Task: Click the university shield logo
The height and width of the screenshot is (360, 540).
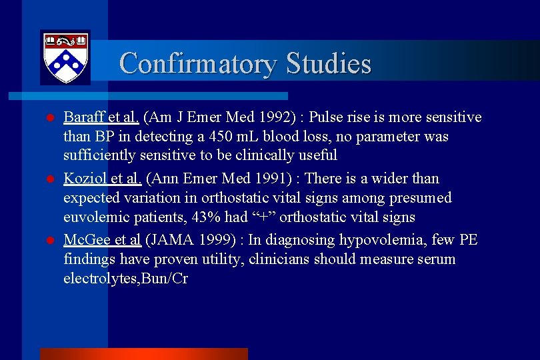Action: [65, 57]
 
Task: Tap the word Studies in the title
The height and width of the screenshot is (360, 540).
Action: [328, 64]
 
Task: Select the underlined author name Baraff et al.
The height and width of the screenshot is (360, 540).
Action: [101, 118]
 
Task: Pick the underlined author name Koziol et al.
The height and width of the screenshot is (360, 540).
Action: [101, 179]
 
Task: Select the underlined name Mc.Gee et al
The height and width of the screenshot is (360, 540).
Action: [101, 240]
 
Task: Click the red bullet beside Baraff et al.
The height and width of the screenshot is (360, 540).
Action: [49, 119]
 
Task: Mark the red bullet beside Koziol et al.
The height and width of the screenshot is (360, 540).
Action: [49, 179]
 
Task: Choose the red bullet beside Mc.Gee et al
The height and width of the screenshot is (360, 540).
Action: [49, 241]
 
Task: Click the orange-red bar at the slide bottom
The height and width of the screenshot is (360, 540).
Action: [143, 354]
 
